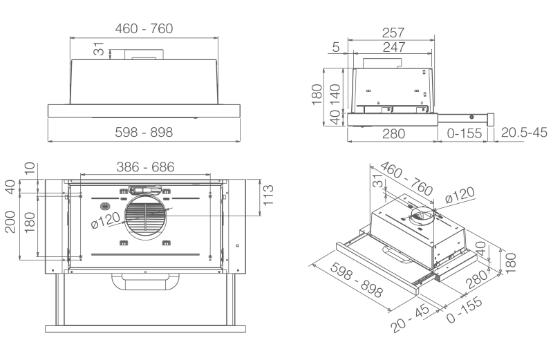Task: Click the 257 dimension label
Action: tap(393, 33)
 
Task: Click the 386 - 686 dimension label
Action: tap(145, 167)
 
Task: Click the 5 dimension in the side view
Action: tap(335, 47)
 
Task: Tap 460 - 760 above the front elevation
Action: tap(144, 28)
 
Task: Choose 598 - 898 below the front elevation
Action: tap(144, 132)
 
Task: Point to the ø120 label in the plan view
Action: tap(104, 221)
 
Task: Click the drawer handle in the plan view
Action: tap(145, 281)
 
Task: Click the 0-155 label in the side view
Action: tap(465, 133)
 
